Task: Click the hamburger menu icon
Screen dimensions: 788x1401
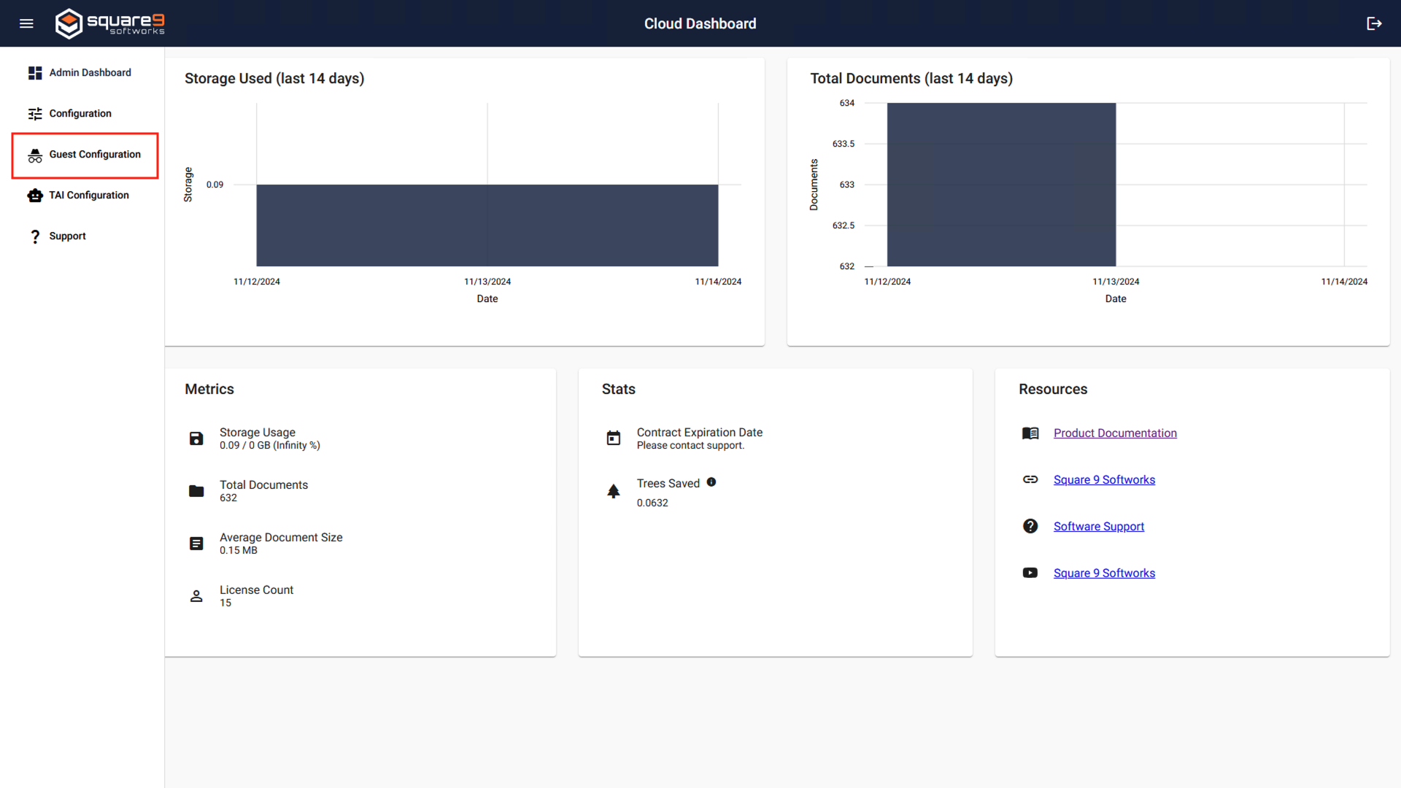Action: [x=26, y=23]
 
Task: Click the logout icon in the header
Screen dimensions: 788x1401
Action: [x=1374, y=23]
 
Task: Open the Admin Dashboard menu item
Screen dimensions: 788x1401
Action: [x=90, y=72]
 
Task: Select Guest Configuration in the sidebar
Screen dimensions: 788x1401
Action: [x=94, y=154]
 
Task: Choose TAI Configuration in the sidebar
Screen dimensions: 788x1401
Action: [x=88, y=195]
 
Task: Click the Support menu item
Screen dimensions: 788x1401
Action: [x=67, y=236]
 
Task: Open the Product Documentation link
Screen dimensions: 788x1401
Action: [x=1114, y=433]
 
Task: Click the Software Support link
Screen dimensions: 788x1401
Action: [x=1098, y=526]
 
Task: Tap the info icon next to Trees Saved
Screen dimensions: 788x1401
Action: [x=711, y=482]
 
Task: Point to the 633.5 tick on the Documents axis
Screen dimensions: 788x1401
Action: [x=843, y=144]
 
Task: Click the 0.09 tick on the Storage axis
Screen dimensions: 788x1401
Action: [x=215, y=185]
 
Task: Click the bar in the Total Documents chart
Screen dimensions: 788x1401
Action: [x=1001, y=185]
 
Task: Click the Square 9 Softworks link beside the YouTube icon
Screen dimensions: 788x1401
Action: [x=1103, y=573]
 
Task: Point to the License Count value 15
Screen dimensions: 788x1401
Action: [x=225, y=603]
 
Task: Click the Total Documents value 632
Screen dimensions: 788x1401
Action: [x=228, y=498]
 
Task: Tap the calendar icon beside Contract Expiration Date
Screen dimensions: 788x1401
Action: [x=614, y=438]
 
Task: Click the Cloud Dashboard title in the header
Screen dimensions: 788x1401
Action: [x=700, y=23]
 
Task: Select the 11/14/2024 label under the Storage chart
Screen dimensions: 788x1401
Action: [x=717, y=282]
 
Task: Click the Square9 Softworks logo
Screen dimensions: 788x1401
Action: [x=109, y=23]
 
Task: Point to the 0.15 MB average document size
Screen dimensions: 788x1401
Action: [x=239, y=550]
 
